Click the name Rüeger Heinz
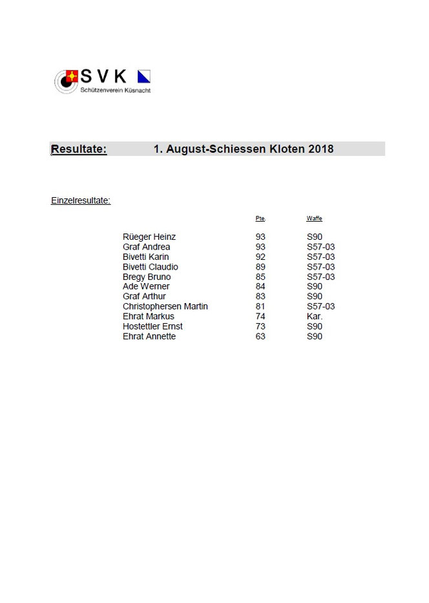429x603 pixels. (x=149, y=237)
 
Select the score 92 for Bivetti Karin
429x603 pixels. (x=260, y=257)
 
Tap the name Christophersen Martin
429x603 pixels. (x=165, y=306)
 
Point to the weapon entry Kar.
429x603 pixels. (x=315, y=317)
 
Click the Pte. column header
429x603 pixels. (x=260, y=218)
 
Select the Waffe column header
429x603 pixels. (x=314, y=218)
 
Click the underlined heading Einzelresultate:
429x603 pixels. (x=81, y=200)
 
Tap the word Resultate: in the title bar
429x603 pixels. (x=79, y=149)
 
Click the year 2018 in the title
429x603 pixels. (x=321, y=149)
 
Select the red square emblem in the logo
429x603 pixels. (x=72, y=76)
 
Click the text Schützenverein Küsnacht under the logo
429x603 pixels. (x=115, y=90)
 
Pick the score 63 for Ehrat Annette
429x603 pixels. (x=260, y=337)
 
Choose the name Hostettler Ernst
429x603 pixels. (x=152, y=326)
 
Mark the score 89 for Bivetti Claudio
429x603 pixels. (x=260, y=267)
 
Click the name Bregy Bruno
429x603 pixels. (x=147, y=277)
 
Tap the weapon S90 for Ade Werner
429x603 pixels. (x=315, y=287)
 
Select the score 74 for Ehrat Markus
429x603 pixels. (x=260, y=317)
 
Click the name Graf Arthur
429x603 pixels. (x=144, y=297)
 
